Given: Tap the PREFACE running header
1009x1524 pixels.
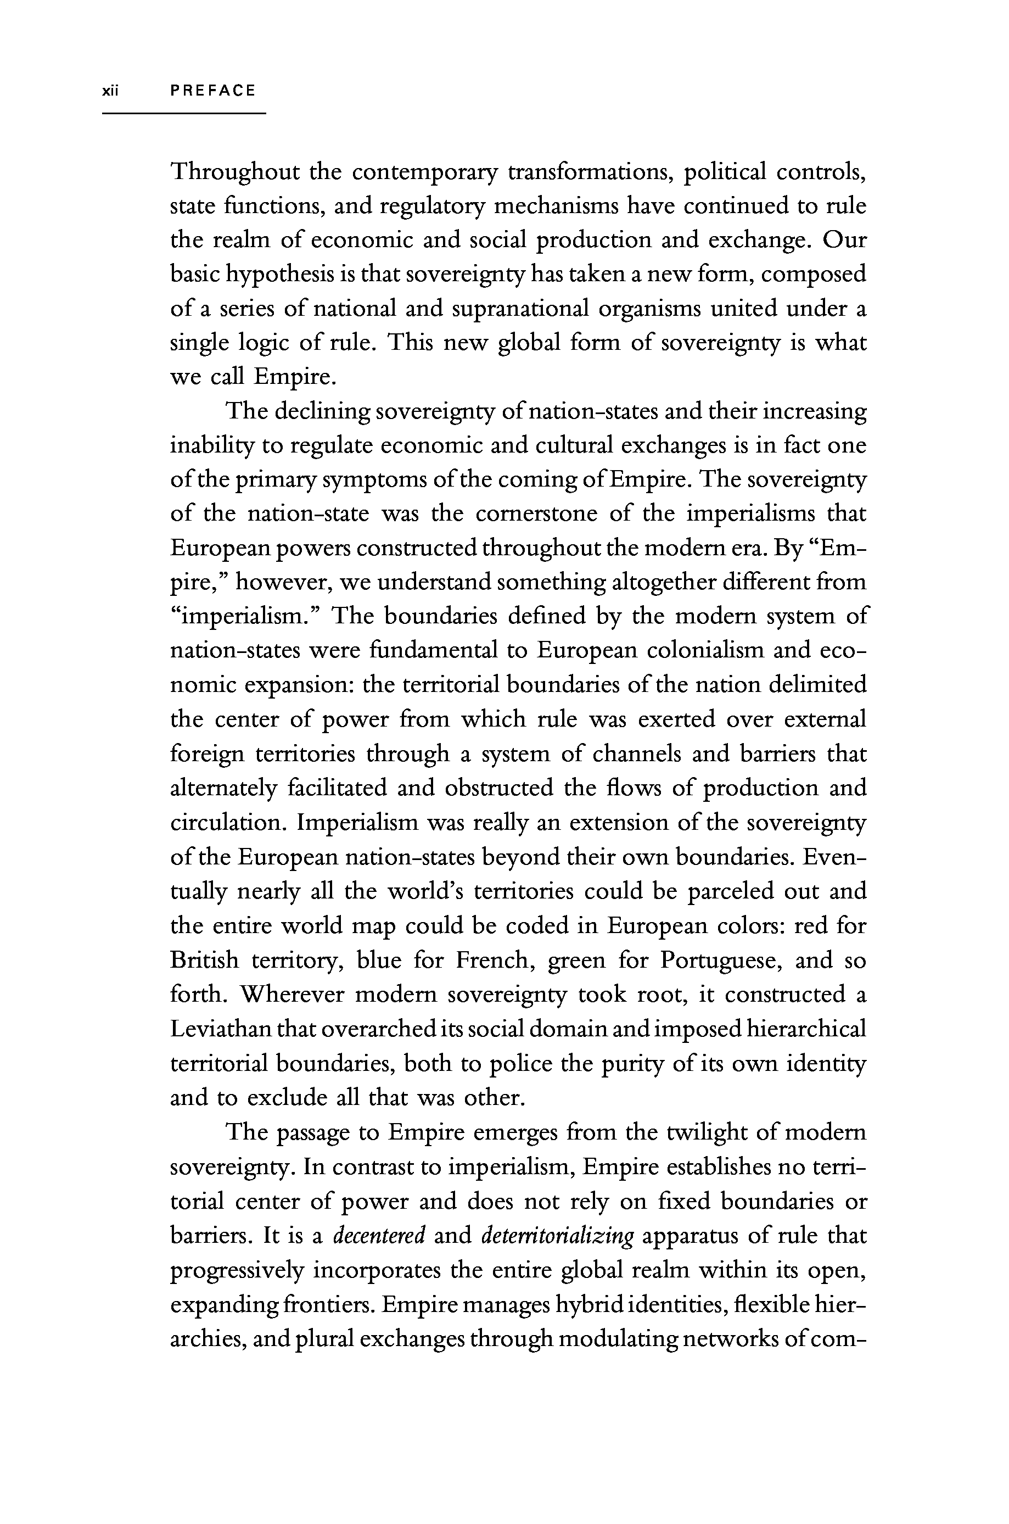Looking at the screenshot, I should tap(213, 91).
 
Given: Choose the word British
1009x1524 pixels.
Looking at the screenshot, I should tap(204, 960).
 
